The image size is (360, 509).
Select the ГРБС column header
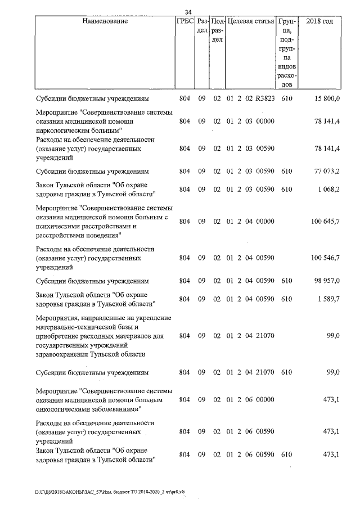click(184, 21)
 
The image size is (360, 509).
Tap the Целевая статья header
click(250, 21)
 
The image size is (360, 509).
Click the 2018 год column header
click(318, 21)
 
